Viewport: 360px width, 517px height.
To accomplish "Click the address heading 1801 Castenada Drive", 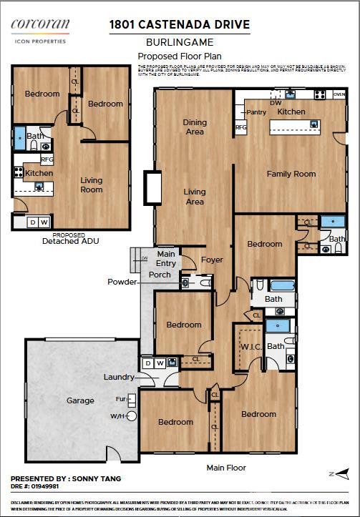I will (179, 25).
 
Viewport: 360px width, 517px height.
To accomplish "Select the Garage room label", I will (80, 400).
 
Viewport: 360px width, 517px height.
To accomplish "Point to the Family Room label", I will (291, 174).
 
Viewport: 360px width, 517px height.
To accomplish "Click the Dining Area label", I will (195, 127).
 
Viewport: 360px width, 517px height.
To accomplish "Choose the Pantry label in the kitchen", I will (256, 112).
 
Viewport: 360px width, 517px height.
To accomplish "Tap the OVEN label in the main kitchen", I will (339, 94).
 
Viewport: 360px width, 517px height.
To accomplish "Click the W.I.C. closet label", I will (250, 348).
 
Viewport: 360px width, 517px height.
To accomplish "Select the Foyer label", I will (211, 260).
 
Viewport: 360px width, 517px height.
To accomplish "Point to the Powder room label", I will (122, 282).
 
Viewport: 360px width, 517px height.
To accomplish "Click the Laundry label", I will (119, 377).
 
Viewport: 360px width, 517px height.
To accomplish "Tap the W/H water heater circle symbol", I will (131, 415).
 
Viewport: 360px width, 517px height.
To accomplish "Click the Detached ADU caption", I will (69, 242).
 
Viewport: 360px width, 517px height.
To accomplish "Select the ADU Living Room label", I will (91, 185).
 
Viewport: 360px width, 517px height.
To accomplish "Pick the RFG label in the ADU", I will (47, 159).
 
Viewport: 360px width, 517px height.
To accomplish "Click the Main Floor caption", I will (226, 468).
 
